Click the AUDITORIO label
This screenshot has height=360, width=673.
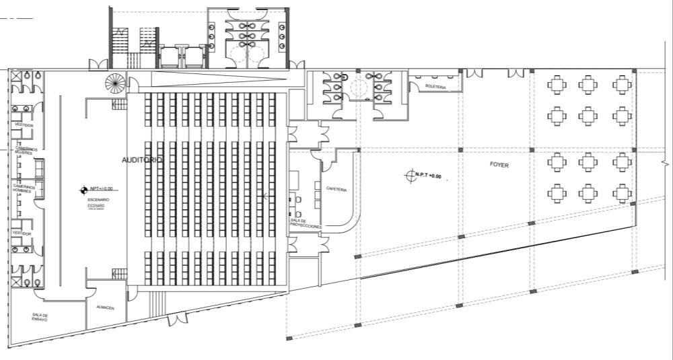coord(142,160)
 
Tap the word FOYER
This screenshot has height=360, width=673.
coord(499,164)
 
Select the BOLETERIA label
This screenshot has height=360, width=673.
coord(436,85)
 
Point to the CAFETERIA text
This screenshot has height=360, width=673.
coord(336,189)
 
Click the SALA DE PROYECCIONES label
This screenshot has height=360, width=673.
coord(306,223)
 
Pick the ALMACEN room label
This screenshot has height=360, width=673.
coord(105,308)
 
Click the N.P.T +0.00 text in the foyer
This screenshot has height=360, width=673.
coord(428,176)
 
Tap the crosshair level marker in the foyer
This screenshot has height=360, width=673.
coord(410,176)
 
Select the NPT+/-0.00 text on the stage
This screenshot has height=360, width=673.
coord(103,190)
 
